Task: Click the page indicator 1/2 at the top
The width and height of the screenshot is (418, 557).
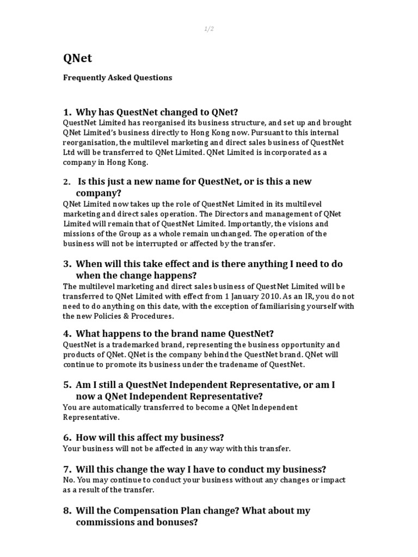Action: [209, 29]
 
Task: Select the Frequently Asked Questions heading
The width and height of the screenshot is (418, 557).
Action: [118, 78]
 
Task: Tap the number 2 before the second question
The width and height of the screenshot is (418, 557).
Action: [66, 182]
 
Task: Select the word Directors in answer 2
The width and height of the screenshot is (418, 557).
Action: [238, 214]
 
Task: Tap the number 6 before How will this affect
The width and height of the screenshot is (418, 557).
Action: [67, 438]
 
